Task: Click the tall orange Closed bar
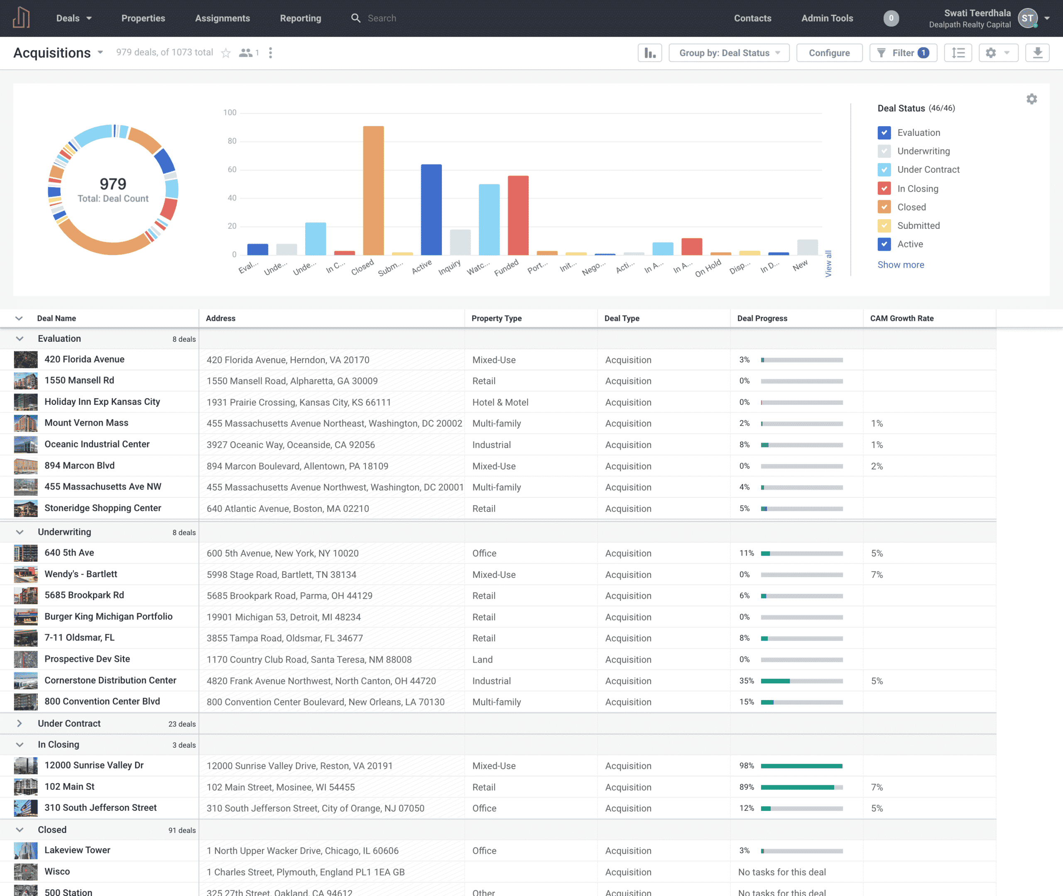(x=373, y=191)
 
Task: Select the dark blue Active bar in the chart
(x=431, y=209)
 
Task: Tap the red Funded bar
(x=518, y=215)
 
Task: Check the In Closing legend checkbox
(x=884, y=189)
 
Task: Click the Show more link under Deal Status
(x=901, y=264)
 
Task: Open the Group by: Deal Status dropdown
(x=729, y=53)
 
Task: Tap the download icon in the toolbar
(x=1037, y=53)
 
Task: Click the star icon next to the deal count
(x=226, y=53)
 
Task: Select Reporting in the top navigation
(x=300, y=18)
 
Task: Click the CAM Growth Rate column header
(x=901, y=318)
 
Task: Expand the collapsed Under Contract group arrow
(x=19, y=723)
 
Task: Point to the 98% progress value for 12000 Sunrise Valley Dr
(x=746, y=766)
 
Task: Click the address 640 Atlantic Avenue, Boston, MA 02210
(x=287, y=509)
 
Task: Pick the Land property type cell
(x=482, y=659)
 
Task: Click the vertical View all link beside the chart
(x=828, y=264)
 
